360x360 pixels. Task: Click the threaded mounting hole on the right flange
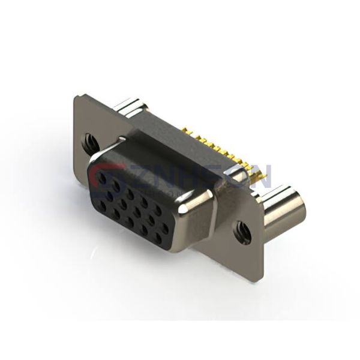click(244, 227)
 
